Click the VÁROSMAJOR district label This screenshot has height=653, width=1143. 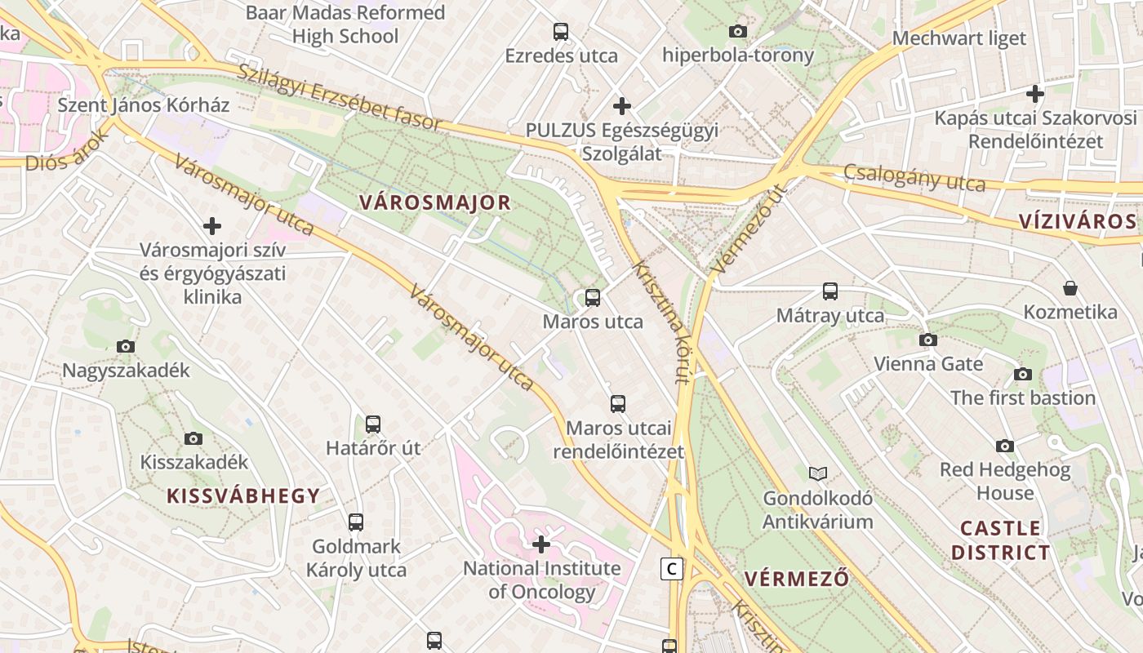[x=434, y=202]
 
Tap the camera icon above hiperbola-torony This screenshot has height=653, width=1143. [x=737, y=32]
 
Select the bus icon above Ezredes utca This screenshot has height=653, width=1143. [x=561, y=32]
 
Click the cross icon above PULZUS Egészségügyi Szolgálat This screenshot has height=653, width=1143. [x=622, y=105]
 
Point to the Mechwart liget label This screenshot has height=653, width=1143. [x=958, y=38]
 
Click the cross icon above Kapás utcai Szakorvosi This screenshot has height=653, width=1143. [x=1035, y=94]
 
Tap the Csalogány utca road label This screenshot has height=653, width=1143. [x=914, y=177]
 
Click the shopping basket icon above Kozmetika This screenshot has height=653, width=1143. [x=1070, y=288]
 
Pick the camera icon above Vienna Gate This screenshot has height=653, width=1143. [x=927, y=340]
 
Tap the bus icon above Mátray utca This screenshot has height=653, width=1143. [x=830, y=291]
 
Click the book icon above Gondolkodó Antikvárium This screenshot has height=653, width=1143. [x=817, y=473]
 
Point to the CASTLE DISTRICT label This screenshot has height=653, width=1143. [x=1000, y=540]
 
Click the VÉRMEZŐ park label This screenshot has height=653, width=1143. [x=797, y=580]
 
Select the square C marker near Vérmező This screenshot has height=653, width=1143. [x=671, y=569]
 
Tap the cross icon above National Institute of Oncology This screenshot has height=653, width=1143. [x=540, y=544]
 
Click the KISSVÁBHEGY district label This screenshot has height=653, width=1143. [x=243, y=495]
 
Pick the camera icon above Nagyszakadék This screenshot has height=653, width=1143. [x=126, y=346]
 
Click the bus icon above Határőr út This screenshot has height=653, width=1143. [x=373, y=424]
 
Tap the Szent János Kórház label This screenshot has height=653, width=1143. [x=144, y=105]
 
